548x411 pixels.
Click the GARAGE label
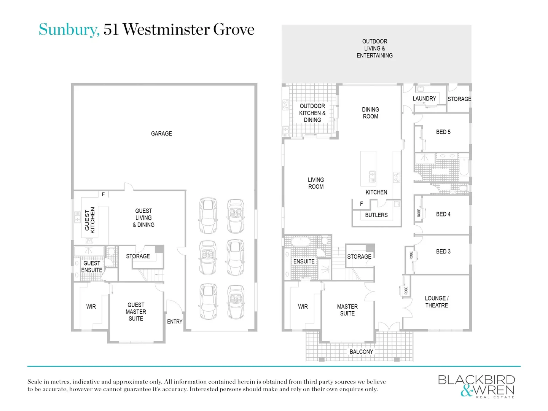point(161,134)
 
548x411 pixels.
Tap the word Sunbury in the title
point(69,29)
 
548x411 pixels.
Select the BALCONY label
point(361,352)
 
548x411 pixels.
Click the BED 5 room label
point(443,132)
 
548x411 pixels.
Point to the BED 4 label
point(443,214)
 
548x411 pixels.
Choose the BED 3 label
point(443,252)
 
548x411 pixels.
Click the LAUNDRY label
point(424,99)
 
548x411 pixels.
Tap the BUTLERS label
point(376,215)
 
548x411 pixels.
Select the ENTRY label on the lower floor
point(175,322)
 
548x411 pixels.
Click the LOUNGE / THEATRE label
point(436,302)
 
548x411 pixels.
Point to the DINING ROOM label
point(370,113)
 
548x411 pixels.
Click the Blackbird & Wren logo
point(476,386)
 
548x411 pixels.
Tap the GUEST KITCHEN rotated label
point(90,220)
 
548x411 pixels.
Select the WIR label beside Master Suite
point(303,307)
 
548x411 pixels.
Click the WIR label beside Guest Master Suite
point(91,307)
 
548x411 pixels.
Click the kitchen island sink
point(372,176)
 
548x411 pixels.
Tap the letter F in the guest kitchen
point(103,194)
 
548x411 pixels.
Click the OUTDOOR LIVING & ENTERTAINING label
point(374,48)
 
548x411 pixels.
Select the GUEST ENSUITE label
point(92,266)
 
